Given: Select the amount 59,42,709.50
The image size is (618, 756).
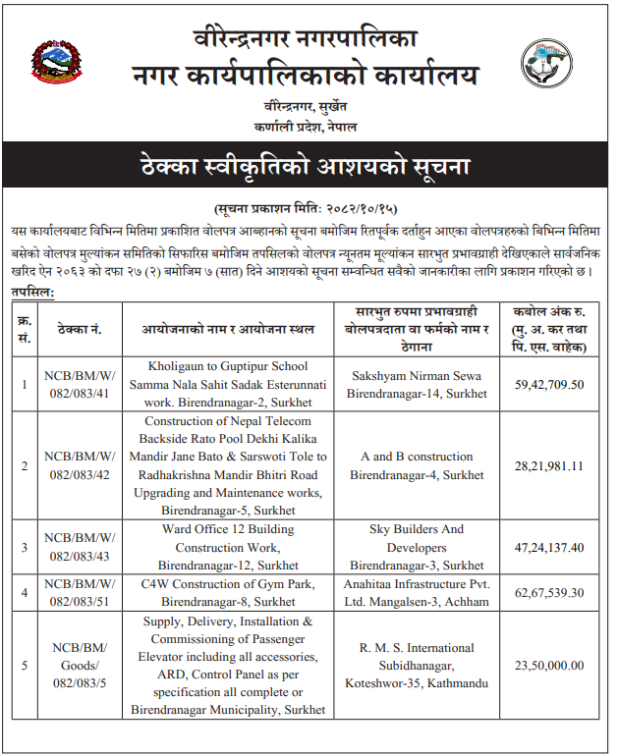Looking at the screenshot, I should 549,384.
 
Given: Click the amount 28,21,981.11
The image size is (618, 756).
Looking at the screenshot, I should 549,465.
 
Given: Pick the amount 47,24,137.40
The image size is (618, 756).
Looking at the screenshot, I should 549,548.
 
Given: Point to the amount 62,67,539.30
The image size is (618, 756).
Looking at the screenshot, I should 549,592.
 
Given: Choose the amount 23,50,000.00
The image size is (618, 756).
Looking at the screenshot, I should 549,666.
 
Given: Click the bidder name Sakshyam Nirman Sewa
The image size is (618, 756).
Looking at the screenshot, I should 416,375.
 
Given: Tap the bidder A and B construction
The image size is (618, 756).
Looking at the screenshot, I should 417,457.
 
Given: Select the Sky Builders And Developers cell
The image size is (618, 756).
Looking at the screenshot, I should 417,547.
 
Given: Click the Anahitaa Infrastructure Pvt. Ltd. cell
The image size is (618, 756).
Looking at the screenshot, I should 417,592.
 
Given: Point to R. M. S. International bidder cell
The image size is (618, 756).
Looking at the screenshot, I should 417,666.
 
